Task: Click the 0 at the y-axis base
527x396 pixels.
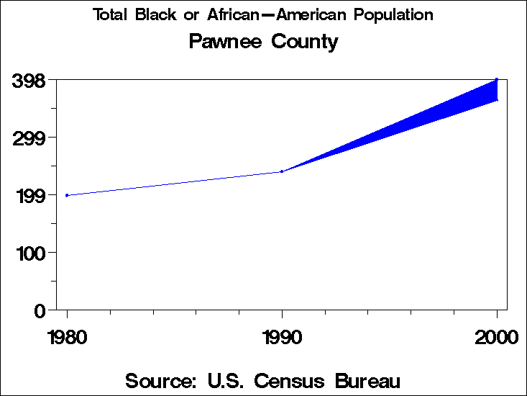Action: point(40,310)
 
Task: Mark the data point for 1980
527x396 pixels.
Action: point(67,195)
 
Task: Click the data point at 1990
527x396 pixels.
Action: point(282,171)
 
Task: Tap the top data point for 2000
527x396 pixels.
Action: point(497,79)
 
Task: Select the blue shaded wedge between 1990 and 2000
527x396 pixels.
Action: point(431,114)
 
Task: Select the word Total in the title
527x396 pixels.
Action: point(111,15)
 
